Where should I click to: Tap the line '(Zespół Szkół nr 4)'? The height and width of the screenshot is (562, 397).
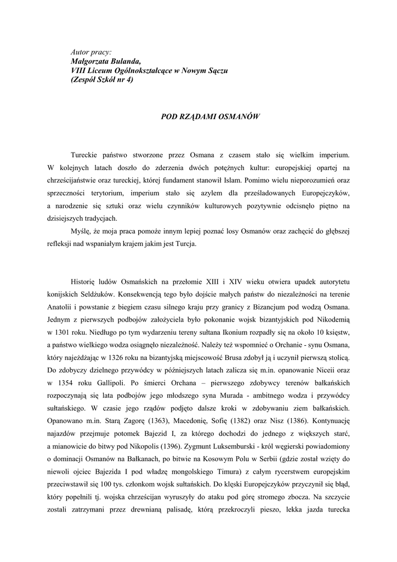point(102,80)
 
